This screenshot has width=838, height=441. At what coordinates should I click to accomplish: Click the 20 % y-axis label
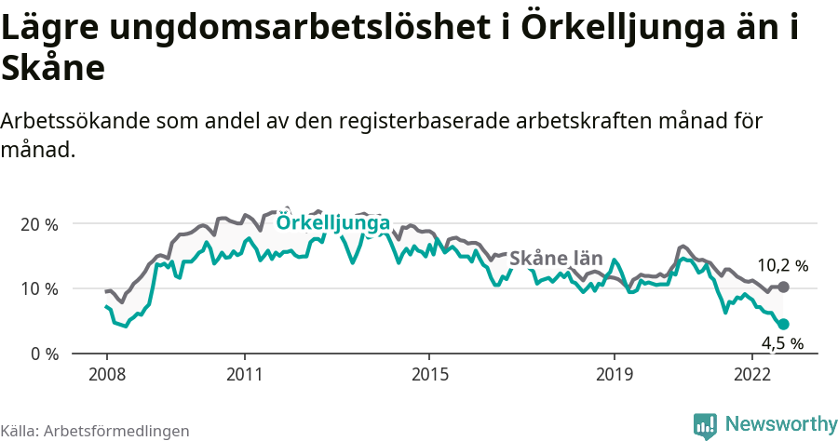tap(38, 224)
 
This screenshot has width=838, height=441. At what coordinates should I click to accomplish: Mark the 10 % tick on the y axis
tap(38, 288)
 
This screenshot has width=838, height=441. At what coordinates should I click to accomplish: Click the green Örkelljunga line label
tap(333, 223)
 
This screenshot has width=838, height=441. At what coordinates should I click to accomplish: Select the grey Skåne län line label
tap(557, 258)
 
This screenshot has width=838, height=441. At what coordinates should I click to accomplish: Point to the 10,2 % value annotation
tap(782, 265)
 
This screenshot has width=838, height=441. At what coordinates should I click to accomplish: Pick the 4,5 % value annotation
tap(782, 343)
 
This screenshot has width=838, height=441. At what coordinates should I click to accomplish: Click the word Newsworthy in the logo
tap(780, 423)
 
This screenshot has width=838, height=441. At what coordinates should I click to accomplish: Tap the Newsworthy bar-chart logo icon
tap(705, 424)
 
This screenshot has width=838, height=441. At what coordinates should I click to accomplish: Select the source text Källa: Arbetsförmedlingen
tap(95, 431)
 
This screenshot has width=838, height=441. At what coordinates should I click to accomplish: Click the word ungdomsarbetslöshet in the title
tap(293, 30)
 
